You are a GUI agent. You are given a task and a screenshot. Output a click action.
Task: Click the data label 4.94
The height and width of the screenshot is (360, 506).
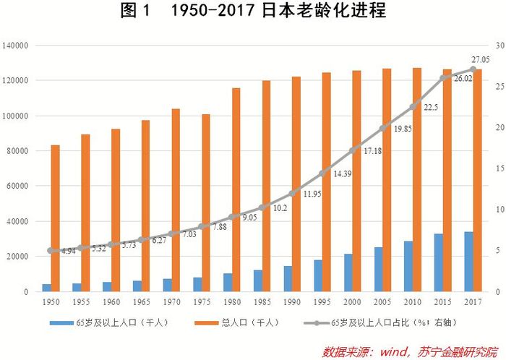click(x=69, y=251)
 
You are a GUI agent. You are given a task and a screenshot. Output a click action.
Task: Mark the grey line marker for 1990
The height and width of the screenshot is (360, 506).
click(x=292, y=193)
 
